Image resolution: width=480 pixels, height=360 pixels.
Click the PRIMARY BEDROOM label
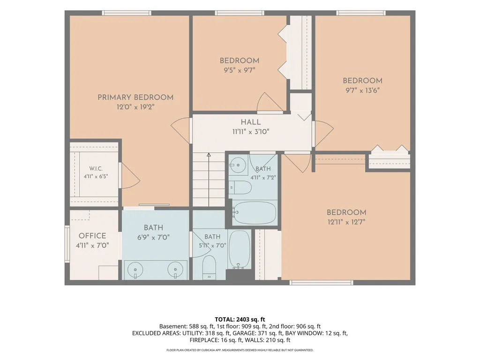(x=135, y=97)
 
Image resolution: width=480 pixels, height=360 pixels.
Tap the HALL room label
(x=251, y=122)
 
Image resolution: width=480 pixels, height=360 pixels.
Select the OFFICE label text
(x=92, y=236)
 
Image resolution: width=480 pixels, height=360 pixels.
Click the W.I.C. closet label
(x=96, y=169)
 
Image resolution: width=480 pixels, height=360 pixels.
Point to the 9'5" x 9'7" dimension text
(x=240, y=70)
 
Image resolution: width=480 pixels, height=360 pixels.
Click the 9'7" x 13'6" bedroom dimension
(x=362, y=90)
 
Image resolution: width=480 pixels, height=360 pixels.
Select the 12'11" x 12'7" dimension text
(x=346, y=222)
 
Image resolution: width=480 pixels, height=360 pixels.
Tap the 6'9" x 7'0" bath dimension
(x=153, y=238)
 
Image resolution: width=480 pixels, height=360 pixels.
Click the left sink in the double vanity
(x=135, y=270)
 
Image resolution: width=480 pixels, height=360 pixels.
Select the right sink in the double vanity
(x=175, y=270)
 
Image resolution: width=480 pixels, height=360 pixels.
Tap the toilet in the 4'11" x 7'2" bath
(x=240, y=187)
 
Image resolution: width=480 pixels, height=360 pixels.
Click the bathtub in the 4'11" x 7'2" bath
(x=254, y=213)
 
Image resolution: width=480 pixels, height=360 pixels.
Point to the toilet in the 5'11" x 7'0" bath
(x=210, y=268)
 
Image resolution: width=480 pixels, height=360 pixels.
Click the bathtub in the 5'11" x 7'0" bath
(x=240, y=249)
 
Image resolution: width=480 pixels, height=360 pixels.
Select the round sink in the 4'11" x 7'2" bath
(x=238, y=165)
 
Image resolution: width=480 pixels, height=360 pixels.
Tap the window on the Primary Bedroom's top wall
(x=127, y=13)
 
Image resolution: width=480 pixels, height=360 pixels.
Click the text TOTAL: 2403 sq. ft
(x=240, y=320)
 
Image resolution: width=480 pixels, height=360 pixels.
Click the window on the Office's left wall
(x=67, y=244)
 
